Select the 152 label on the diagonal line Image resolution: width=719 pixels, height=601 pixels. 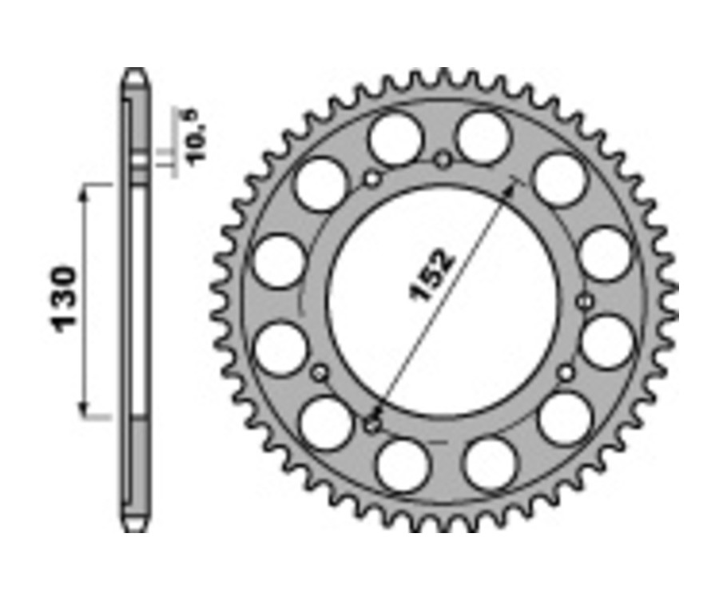(x=432, y=277)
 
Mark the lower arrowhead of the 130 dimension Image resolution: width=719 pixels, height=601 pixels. (x=84, y=409)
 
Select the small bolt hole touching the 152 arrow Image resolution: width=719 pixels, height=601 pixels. (x=371, y=424)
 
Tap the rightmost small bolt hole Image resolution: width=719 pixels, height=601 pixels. (x=586, y=301)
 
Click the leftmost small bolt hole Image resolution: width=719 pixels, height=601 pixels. (x=320, y=372)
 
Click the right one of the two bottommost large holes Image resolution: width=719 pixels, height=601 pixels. (x=489, y=463)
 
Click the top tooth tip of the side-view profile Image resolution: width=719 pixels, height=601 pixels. (x=136, y=74)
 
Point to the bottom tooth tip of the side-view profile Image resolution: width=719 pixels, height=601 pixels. (x=136, y=528)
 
